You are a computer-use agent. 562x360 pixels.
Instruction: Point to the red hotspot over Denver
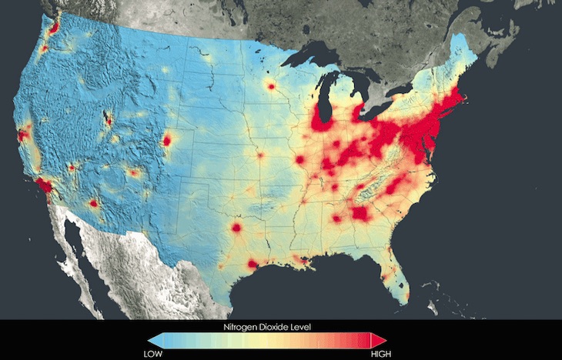tap(167, 141)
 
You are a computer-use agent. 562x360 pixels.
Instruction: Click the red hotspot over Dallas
tap(236, 228)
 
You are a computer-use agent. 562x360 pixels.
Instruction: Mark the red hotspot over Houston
tap(252, 264)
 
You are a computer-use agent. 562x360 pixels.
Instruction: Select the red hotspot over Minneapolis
tap(271, 86)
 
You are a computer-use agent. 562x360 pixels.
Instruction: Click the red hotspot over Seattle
tap(54, 28)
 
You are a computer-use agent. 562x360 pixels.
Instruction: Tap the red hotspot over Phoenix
tap(93, 204)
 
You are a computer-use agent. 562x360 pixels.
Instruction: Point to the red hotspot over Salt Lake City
tap(108, 120)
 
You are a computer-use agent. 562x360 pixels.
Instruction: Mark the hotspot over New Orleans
tap(307, 263)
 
